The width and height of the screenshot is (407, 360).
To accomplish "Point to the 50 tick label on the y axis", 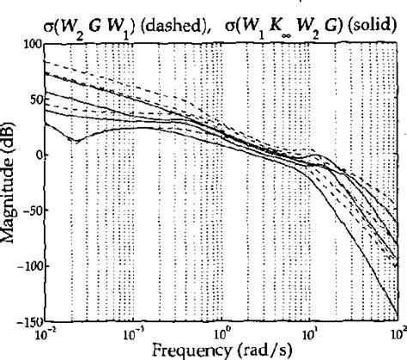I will click(33, 101).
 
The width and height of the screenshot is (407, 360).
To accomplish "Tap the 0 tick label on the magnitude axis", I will click(37, 156).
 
